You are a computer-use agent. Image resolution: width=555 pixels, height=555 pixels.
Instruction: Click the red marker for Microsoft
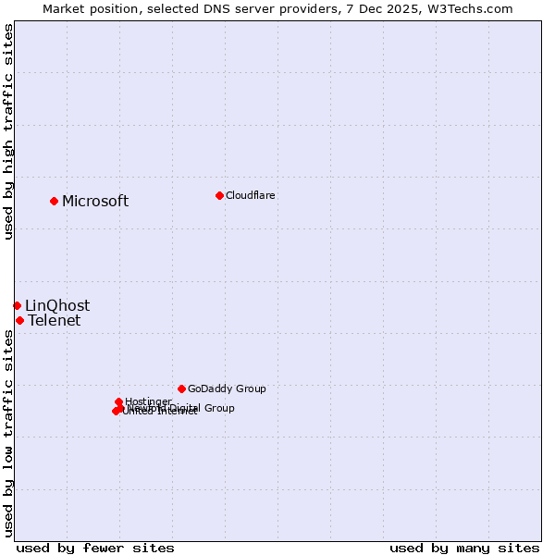(x=55, y=201)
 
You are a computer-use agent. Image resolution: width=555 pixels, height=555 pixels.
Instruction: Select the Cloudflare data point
(x=219, y=195)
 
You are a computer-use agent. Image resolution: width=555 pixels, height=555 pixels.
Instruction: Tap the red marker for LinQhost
(x=17, y=305)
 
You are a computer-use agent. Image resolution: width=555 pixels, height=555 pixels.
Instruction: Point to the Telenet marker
(x=19, y=320)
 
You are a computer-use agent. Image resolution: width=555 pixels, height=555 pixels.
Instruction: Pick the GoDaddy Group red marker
(x=181, y=388)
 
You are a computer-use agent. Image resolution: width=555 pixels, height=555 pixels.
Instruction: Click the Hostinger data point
(x=118, y=401)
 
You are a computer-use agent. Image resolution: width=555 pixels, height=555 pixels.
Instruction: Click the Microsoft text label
(x=95, y=201)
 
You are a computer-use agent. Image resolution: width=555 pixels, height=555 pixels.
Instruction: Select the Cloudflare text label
(x=251, y=195)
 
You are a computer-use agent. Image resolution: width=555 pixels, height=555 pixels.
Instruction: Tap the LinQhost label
(x=57, y=305)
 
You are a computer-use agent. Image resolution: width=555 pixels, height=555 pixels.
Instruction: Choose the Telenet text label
(x=55, y=321)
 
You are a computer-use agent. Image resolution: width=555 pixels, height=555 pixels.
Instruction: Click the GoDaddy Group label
(x=227, y=388)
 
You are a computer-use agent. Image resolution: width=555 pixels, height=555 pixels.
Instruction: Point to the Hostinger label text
(x=148, y=401)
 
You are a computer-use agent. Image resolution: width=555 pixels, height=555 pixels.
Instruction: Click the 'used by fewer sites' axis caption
(x=95, y=548)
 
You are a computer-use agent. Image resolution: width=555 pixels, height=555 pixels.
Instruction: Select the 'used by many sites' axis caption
(x=464, y=548)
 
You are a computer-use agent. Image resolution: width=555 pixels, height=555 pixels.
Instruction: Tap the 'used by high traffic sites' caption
(x=8, y=131)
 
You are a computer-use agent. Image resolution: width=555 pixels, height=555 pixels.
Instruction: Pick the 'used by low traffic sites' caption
(x=8, y=435)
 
